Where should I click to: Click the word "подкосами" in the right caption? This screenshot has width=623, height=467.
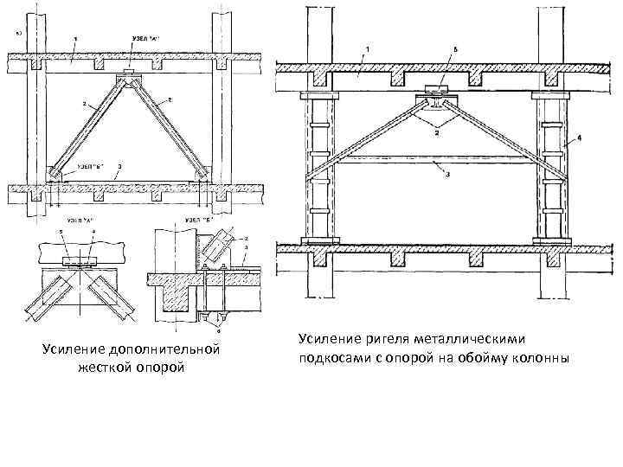tap(332, 359)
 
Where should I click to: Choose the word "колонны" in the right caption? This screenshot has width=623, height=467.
tap(541, 359)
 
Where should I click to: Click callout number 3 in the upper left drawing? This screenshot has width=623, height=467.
tap(119, 163)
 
